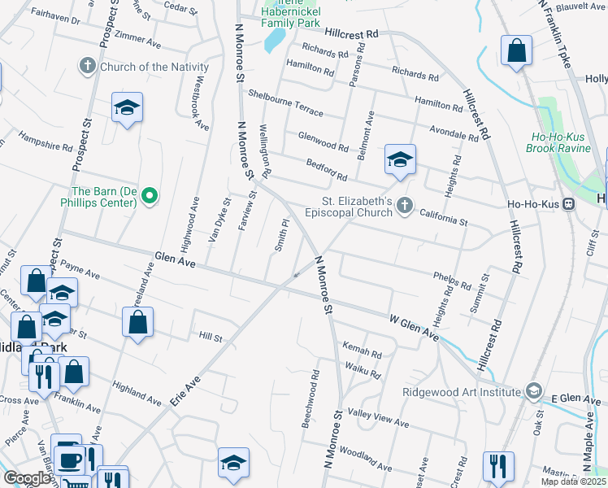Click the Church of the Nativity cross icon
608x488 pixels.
89,65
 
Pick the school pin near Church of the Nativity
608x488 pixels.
127,108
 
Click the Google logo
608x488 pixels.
28,479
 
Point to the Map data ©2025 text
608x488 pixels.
573,481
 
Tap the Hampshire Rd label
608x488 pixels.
46,142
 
